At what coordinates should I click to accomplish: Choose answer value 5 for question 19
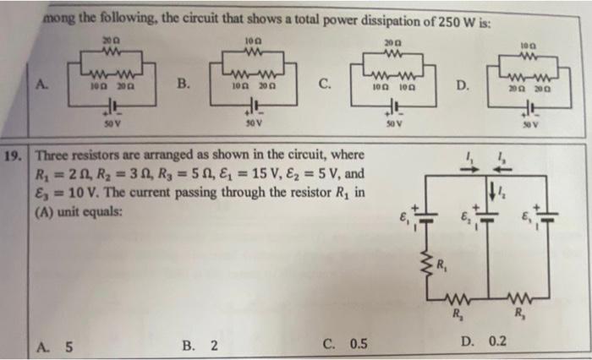68,345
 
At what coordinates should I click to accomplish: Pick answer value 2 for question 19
213,345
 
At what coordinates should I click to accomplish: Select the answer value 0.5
358,345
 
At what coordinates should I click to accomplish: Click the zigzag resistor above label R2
463,300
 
